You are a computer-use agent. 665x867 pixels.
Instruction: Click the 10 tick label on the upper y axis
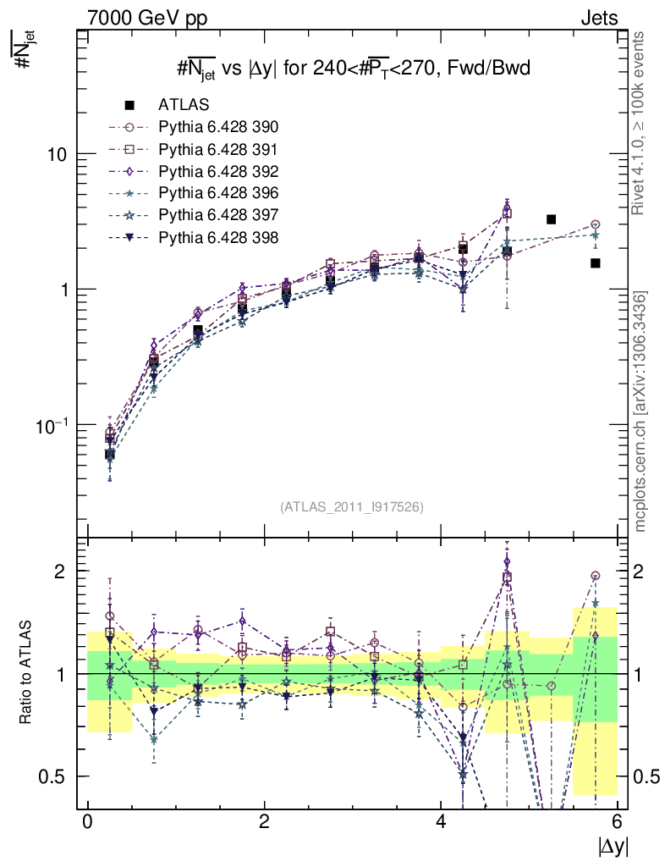click(57, 154)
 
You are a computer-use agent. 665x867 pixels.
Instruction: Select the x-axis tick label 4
click(442, 823)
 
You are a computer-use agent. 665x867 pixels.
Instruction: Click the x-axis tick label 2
click(265, 823)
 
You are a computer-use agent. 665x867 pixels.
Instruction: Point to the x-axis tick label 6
click(618, 823)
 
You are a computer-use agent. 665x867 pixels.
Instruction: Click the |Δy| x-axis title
click(611, 848)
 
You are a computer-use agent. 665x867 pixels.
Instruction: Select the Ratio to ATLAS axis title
click(26, 673)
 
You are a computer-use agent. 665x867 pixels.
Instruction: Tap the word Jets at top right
click(599, 17)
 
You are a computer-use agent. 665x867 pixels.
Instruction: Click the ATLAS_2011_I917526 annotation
click(352, 507)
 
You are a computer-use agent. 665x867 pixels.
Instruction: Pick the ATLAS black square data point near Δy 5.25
click(551, 219)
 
